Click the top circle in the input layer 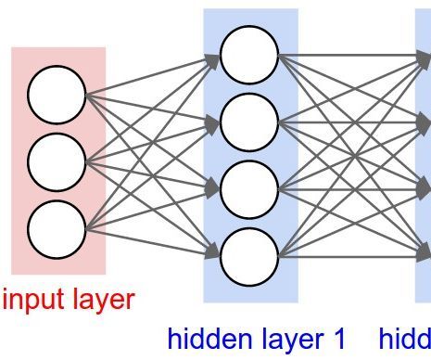pos(57,95)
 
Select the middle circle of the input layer pos(57,161)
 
